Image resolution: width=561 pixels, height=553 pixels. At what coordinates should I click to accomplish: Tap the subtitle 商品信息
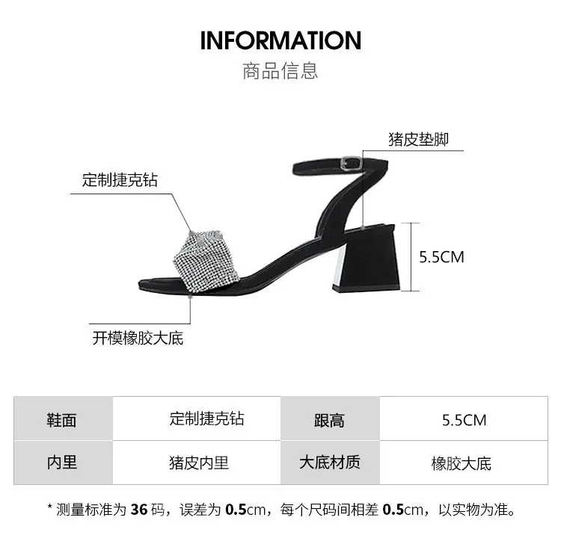click(x=280, y=71)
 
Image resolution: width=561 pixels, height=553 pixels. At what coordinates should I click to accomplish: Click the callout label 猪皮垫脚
click(x=418, y=139)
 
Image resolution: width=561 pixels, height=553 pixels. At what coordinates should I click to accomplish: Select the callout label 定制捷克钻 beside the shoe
click(x=120, y=180)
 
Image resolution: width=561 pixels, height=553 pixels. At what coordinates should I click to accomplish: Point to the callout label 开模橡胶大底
click(x=138, y=338)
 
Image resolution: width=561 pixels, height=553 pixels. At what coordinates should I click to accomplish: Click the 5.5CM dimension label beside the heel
click(x=441, y=257)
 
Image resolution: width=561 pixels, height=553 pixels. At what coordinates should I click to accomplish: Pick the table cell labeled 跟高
click(x=329, y=420)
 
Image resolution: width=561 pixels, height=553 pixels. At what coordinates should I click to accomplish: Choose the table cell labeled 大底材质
click(x=329, y=463)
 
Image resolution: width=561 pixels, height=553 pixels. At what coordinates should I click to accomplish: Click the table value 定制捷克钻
click(x=206, y=418)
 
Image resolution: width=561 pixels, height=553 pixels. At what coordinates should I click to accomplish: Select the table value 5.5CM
click(x=464, y=420)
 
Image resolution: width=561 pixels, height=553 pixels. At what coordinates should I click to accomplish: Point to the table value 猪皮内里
click(x=199, y=463)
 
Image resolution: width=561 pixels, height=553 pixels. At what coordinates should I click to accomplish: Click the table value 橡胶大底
click(x=462, y=463)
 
